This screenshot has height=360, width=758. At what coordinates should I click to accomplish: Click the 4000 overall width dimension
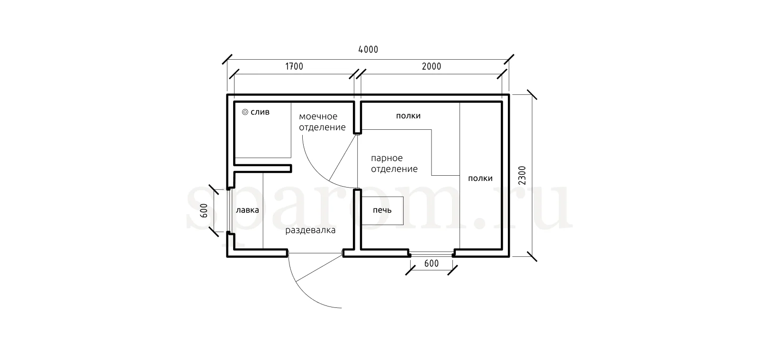368,49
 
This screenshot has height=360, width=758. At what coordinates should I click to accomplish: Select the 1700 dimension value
294,66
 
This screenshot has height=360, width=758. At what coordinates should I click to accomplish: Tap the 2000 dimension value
432,66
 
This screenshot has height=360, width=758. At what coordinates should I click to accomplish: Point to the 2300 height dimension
523,175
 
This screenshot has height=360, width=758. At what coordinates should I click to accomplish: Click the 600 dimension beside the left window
204,210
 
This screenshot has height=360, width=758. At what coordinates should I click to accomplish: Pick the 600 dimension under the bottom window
432,263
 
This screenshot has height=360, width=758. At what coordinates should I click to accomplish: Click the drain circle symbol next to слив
245,112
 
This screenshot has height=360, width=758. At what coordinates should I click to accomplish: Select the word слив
260,112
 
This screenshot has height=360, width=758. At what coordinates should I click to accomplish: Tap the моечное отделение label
322,122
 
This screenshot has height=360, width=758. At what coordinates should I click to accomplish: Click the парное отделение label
394,163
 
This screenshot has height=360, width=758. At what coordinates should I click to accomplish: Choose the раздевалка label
310,230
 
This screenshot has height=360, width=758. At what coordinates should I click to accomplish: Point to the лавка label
247,210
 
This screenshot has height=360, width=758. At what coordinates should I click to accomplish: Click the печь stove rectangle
382,210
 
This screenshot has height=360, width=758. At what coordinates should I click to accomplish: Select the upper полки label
408,116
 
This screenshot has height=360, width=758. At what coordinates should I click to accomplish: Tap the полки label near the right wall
480,179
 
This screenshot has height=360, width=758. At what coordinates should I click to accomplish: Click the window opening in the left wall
229,210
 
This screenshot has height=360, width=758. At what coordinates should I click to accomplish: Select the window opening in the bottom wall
432,253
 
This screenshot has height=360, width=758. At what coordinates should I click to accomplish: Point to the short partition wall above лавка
262,168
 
